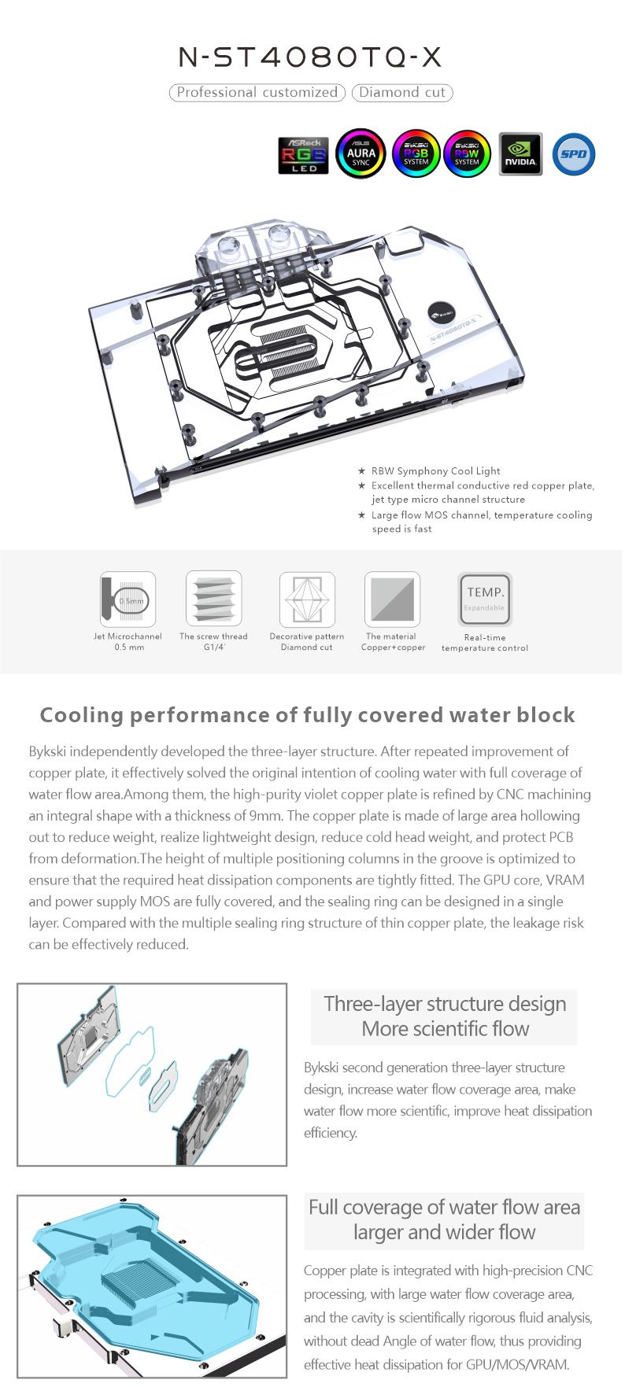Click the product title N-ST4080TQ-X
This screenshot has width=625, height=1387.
coord(311,57)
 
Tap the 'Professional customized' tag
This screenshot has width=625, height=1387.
coord(257,93)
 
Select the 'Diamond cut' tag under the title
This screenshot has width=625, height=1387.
coord(402,93)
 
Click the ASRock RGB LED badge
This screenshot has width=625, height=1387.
coord(303,154)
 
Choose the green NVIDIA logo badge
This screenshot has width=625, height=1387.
coord(520,154)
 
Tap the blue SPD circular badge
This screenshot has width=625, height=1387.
coord(574,154)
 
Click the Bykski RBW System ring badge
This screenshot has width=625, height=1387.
coord(467,154)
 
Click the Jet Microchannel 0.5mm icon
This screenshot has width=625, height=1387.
coord(128,599)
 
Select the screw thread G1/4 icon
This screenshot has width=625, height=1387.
coord(213,599)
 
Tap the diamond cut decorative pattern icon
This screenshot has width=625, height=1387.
coord(307,599)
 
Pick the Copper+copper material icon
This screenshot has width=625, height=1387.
coord(392,599)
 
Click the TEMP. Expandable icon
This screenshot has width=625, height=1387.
coord(485,599)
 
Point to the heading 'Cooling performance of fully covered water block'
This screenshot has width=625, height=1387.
coord(307,715)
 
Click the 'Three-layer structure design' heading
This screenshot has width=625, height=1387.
coord(445,1004)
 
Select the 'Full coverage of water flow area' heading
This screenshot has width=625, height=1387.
coord(444,1207)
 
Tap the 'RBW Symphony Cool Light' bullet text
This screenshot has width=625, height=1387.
coord(435,471)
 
